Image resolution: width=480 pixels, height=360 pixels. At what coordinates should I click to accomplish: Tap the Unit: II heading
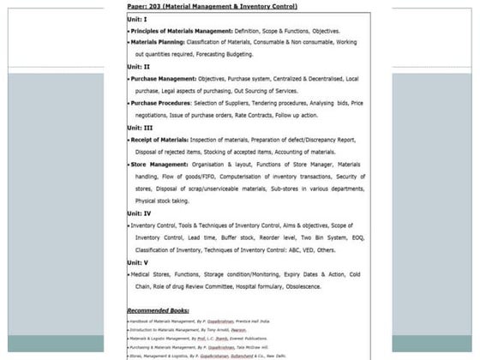point(139,66)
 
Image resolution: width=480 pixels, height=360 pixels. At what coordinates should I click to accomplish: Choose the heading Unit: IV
point(140,213)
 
